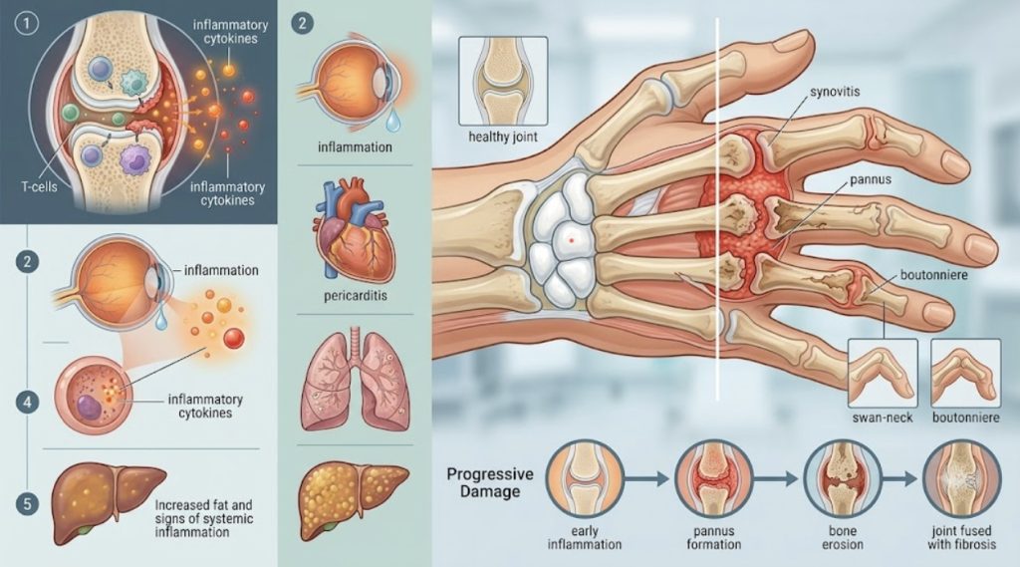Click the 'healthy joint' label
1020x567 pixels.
503,138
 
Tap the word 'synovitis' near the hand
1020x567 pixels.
836,91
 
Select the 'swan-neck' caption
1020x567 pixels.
883,418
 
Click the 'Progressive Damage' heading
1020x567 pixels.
490,482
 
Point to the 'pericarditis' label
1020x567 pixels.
356,296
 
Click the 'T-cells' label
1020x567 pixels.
39,186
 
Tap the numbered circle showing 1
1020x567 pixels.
27,25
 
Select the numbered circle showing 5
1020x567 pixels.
27,504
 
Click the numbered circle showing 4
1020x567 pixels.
27,403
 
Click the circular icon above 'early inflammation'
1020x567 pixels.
585,478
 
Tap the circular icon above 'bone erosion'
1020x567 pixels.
843,478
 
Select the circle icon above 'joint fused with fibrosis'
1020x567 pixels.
962,478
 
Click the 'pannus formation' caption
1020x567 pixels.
713,538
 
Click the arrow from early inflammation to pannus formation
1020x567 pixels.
645,479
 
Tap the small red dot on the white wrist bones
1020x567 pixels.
571,241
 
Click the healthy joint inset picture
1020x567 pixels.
503,81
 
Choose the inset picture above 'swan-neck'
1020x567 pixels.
883,374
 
